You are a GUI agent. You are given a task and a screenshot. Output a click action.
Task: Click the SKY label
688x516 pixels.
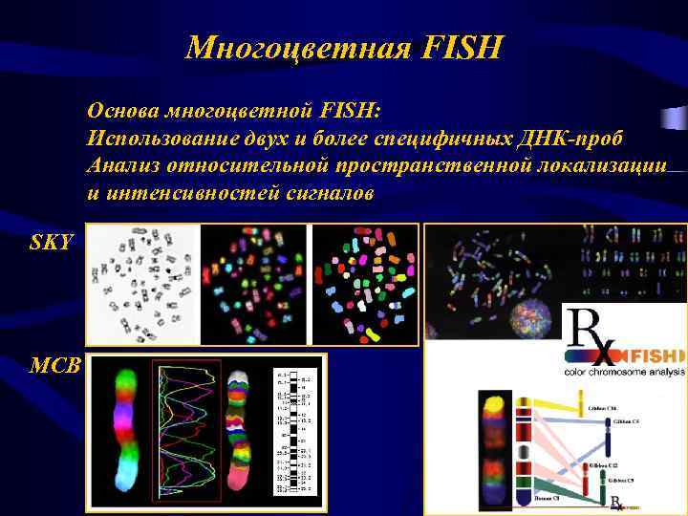(x=51, y=242)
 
